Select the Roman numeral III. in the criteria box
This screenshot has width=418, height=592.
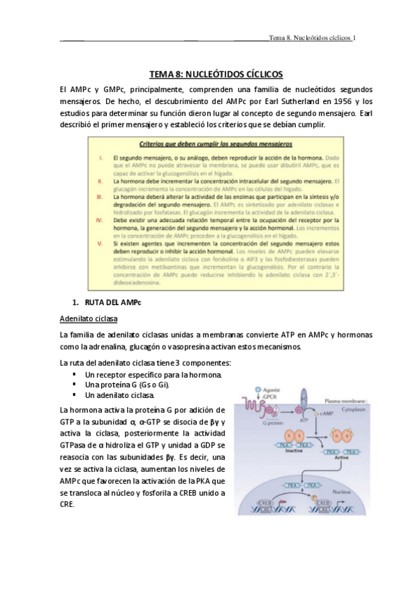click(x=100, y=198)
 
